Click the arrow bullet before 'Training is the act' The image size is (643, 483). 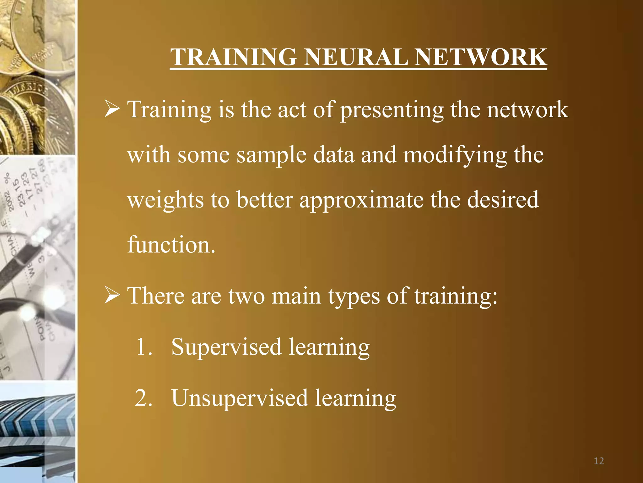[112, 109]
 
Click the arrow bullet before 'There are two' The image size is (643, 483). [112, 296]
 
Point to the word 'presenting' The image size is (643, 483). [392, 110]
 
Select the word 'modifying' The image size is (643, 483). [455, 155]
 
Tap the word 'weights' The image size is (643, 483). [165, 200]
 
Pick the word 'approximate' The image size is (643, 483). [361, 200]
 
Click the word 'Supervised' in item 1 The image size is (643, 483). [226, 347]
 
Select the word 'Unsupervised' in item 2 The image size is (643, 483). [240, 398]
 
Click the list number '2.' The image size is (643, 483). [143, 398]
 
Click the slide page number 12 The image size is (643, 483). [599, 461]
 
